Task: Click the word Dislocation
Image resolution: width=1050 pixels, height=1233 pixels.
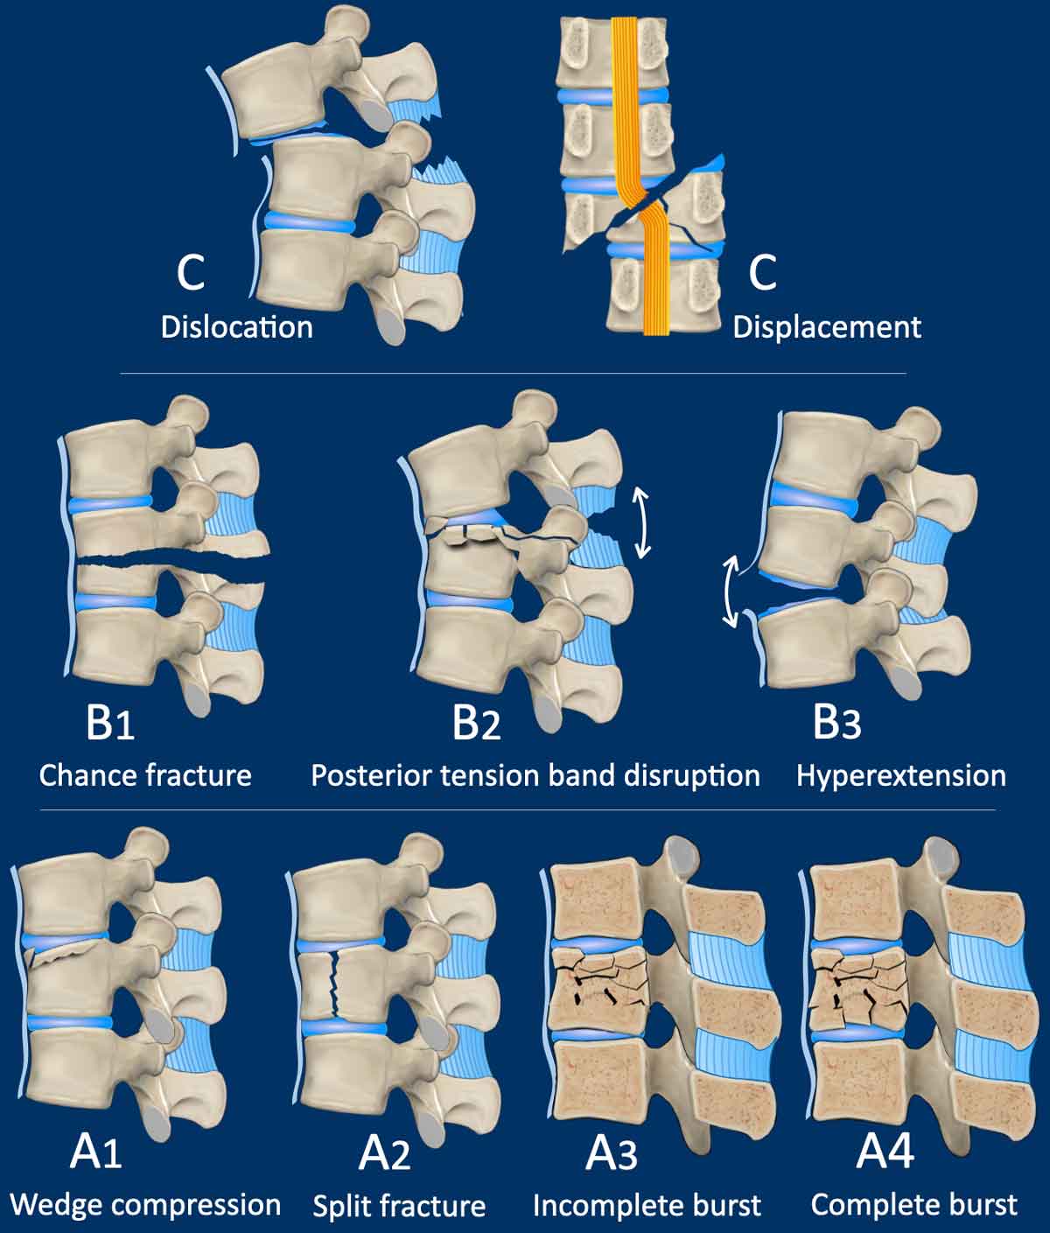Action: (x=236, y=327)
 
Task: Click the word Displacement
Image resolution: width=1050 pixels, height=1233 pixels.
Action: (x=827, y=327)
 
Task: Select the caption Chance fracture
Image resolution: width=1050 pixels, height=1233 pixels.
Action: (x=145, y=775)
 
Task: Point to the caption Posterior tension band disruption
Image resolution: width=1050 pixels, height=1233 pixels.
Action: (x=535, y=775)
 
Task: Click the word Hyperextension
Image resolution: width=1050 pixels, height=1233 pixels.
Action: (x=900, y=775)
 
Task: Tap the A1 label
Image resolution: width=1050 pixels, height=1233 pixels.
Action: (x=95, y=1153)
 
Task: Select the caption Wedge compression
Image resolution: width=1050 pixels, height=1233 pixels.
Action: (x=145, y=1205)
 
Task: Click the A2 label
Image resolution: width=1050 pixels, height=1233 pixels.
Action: (x=384, y=1153)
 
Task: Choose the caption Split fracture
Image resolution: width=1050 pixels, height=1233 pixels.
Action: (x=399, y=1207)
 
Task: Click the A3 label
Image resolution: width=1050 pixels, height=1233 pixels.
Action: (x=611, y=1153)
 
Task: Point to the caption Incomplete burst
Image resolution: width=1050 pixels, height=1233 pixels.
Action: (x=647, y=1206)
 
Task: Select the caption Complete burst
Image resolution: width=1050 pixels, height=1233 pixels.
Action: (x=914, y=1205)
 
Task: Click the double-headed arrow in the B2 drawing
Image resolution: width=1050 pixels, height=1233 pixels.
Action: (x=642, y=522)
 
